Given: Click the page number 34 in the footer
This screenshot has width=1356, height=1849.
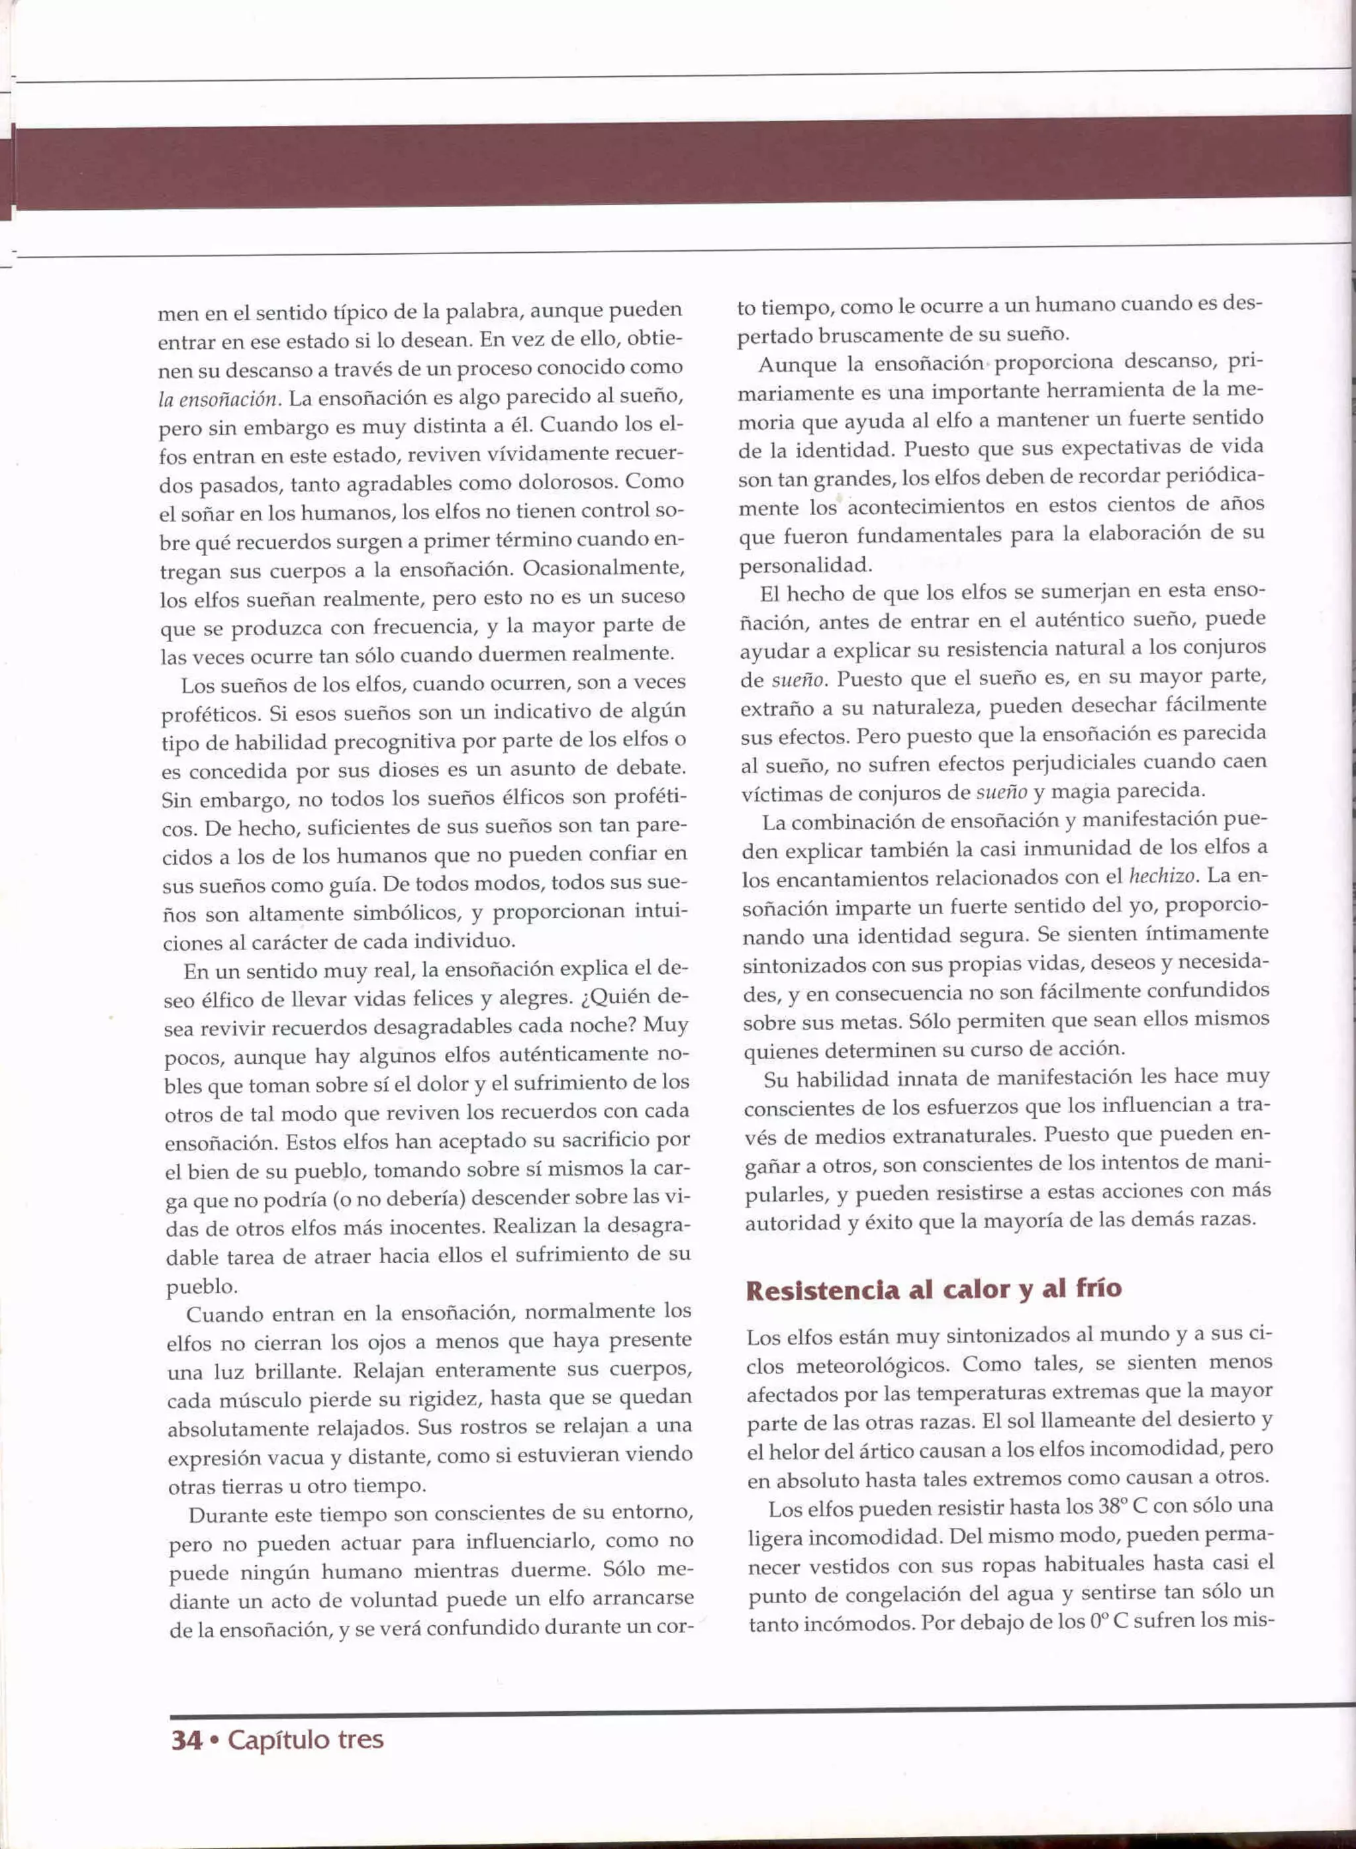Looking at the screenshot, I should pyautogui.click(x=185, y=1738).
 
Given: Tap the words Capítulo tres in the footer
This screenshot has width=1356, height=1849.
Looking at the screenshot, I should pyautogui.click(x=305, y=1738).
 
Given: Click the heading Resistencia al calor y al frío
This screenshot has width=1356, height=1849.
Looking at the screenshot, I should pyautogui.click(x=934, y=1290).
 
